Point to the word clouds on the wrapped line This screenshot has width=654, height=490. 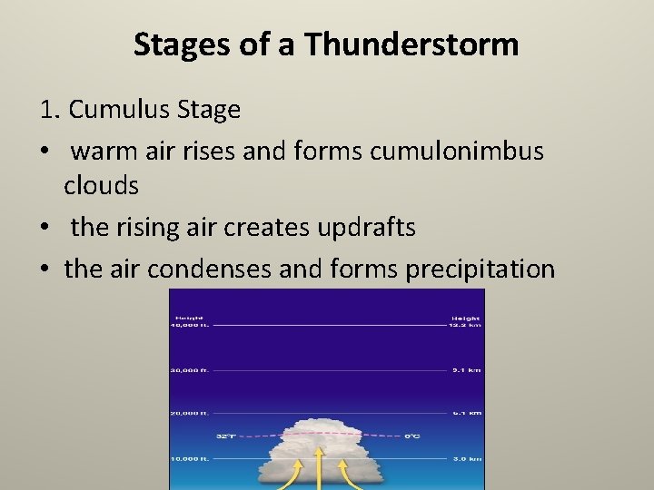pos(101,186)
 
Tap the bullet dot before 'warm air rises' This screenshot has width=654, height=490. pos(45,151)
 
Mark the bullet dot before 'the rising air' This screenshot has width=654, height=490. pos(45,228)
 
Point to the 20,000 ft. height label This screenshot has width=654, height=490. pos(190,413)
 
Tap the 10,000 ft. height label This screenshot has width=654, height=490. pos(190,459)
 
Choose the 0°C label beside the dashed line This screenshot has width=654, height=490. pos(412,436)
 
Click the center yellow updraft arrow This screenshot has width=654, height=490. pos(318,466)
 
